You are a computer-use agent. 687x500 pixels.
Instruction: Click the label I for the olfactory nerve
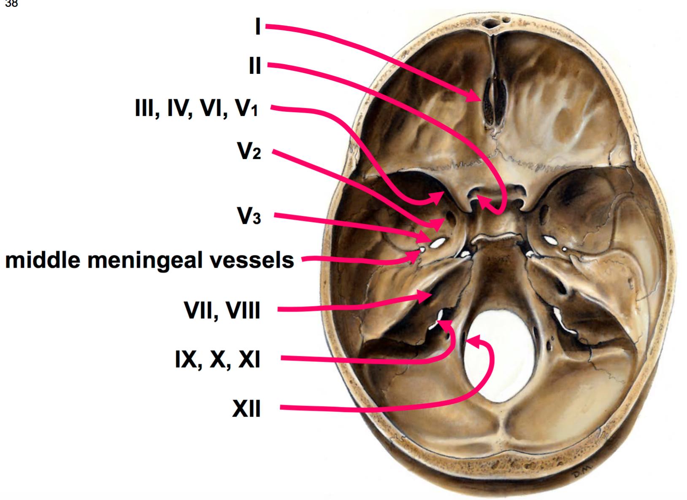click(258, 27)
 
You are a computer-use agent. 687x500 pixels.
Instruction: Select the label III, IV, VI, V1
click(197, 109)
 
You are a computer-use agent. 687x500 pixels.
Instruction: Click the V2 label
click(249, 151)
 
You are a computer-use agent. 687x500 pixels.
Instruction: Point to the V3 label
click(249, 216)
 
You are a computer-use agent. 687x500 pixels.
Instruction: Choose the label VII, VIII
click(222, 311)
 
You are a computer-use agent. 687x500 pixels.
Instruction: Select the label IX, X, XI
click(217, 360)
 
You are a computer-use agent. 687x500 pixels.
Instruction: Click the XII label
click(246, 409)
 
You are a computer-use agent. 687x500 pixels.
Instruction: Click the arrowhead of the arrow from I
click(474, 96)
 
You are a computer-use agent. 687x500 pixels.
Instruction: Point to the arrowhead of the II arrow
click(484, 202)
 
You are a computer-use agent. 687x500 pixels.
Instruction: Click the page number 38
click(11, 3)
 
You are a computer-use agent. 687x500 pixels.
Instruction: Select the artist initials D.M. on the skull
click(582, 474)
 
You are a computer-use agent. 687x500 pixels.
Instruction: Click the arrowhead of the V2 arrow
click(438, 224)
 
